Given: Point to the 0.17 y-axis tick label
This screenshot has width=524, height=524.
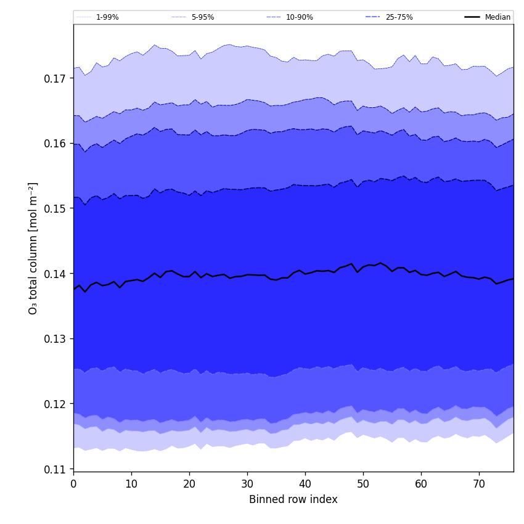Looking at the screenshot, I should pos(55,78).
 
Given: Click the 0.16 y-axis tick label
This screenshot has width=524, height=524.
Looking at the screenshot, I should pos(55,144).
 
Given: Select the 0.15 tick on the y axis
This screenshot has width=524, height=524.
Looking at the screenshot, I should pos(55,208).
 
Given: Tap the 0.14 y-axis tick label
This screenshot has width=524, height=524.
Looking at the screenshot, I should pos(55,274).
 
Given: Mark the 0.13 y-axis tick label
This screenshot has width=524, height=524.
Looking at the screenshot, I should pos(55,338).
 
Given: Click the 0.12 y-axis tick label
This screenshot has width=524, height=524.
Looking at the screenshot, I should pos(55,404).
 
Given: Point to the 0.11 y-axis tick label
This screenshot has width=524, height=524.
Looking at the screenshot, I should pos(55,469).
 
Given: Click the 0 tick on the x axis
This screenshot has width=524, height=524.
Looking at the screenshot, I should pos(73,484).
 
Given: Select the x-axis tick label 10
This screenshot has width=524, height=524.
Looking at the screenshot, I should pos(131,484).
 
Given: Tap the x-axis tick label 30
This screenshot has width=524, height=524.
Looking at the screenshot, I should pos(247,484).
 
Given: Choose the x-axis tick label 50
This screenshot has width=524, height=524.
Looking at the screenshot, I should pos(363,484).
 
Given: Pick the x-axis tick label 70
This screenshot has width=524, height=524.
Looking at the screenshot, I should pos(479,484).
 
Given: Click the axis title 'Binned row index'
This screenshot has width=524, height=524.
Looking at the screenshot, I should pos(293,500).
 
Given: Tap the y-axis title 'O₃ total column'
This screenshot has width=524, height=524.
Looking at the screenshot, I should pos(33,248).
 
